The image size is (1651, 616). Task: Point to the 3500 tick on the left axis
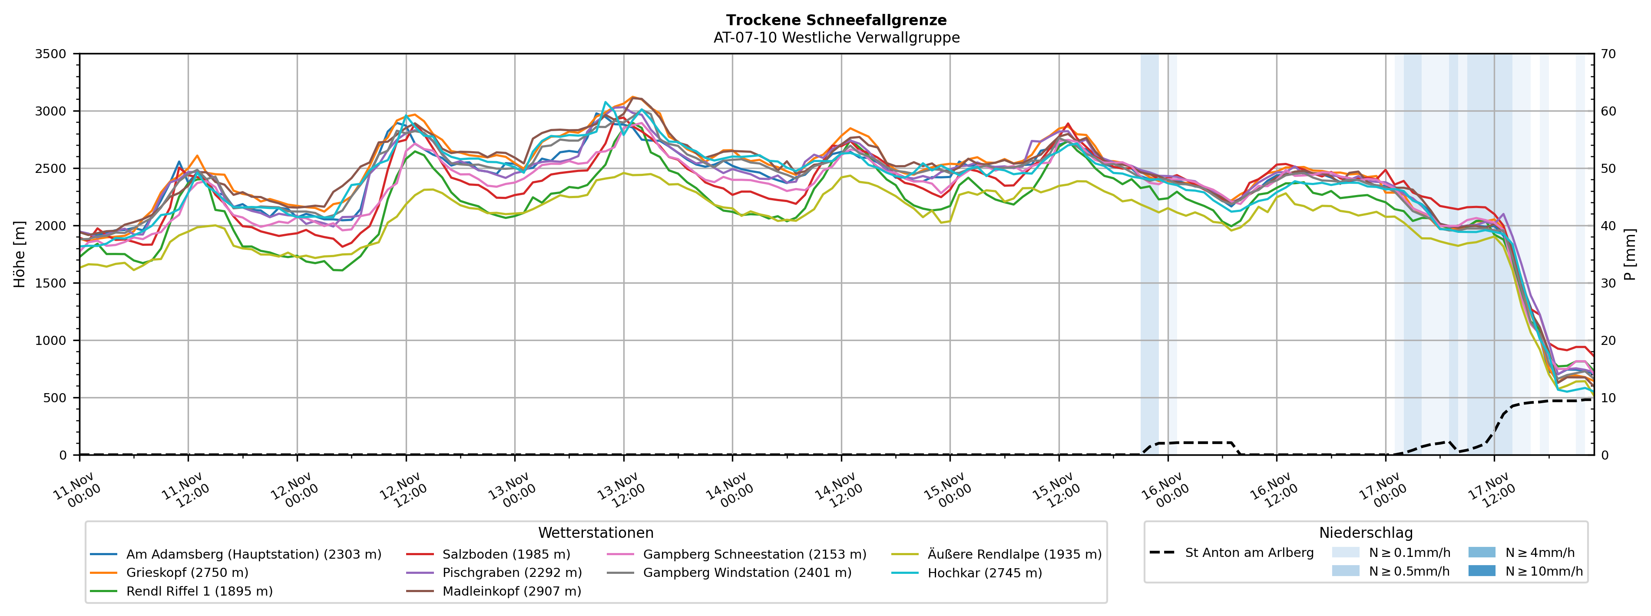click(x=51, y=54)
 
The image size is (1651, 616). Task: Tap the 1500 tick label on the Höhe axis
click(x=51, y=283)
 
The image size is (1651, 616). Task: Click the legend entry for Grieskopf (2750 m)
click(x=187, y=573)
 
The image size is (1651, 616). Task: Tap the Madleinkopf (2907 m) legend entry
click(x=511, y=591)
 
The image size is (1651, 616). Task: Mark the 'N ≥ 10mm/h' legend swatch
click(x=1481, y=570)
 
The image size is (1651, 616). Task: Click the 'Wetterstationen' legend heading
click(x=596, y=533)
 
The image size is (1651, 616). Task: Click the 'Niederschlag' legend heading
click(x=1365, y=533)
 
